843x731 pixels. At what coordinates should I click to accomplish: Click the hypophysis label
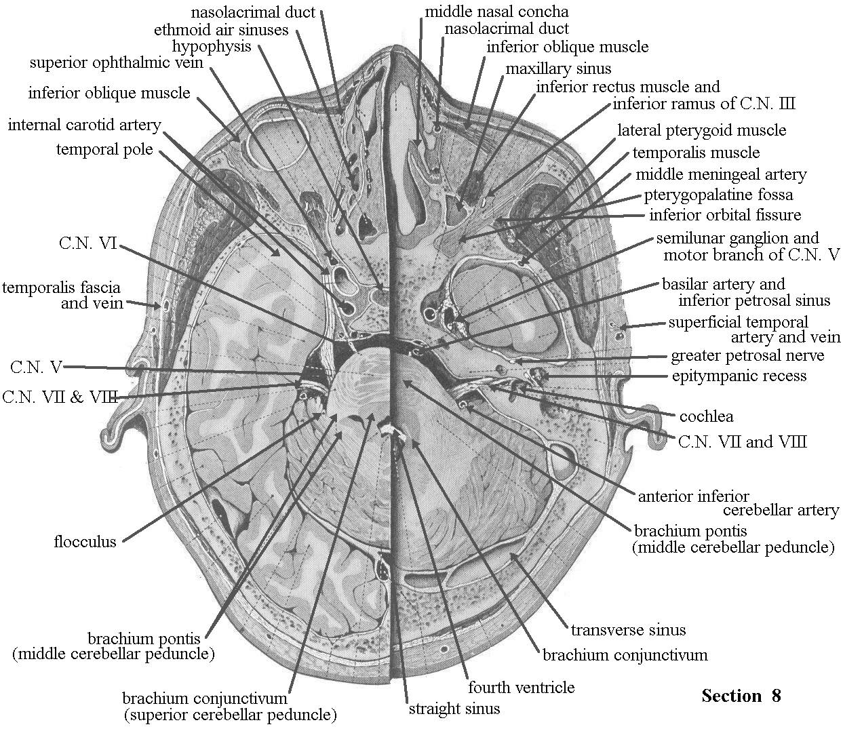212,47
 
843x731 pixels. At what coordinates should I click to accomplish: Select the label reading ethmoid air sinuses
221,30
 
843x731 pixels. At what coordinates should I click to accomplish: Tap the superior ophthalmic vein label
117,63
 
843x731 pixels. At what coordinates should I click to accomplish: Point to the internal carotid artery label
85,125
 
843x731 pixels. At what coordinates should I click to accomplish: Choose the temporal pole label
104,149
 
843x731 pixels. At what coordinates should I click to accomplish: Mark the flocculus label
85,542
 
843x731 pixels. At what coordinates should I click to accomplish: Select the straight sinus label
454,709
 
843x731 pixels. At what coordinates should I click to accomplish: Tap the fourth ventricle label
522,687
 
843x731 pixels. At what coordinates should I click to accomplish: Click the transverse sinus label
628,630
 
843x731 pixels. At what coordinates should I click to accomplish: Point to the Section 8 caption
741,696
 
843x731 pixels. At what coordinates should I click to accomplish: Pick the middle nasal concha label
496,12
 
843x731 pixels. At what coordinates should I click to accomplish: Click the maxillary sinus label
558,68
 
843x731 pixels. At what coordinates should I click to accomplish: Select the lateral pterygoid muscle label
701,130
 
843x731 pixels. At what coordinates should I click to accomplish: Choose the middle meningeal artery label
721,174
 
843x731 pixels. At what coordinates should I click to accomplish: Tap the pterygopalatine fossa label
718,195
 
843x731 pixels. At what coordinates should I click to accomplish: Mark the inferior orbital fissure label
725,215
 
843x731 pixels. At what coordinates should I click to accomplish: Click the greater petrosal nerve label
747,355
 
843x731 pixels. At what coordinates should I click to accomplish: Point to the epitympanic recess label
739,376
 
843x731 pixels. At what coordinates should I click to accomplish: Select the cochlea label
706,416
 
